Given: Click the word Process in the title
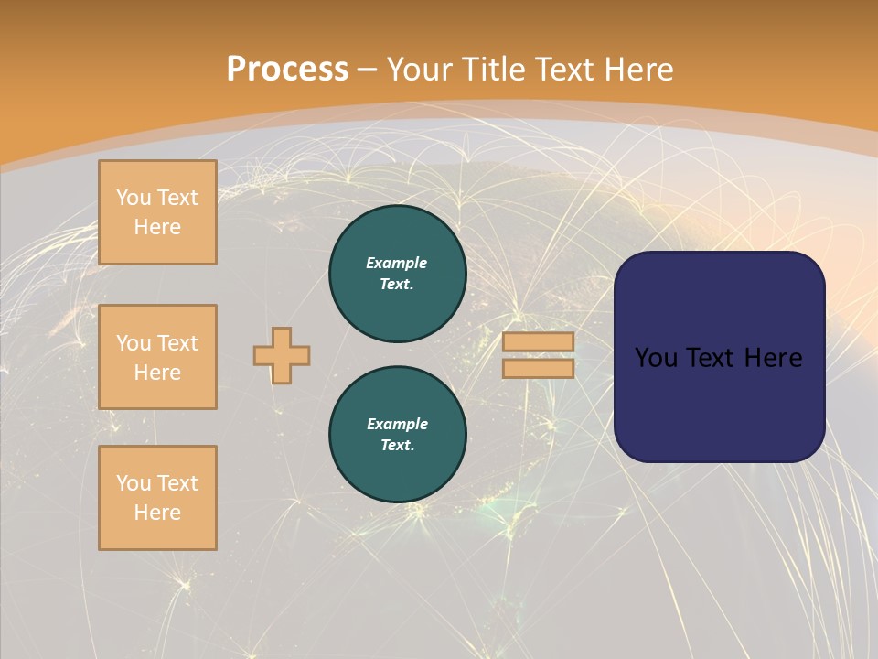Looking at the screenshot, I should click(287, 70).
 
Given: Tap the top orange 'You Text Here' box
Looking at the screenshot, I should click(157, 212).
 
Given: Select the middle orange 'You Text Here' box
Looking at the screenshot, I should click(157, 357).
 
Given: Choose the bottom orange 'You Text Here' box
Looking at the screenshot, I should click(157, 498).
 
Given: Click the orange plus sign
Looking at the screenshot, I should click(282, 355).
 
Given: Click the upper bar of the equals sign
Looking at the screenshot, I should click(538, 342).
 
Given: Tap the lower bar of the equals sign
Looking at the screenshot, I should click(538, 368).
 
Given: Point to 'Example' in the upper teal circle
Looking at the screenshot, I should click(397, 263).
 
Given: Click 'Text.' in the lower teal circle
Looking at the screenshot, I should click(397, 446).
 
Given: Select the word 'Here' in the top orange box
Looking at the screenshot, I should click(157, 227).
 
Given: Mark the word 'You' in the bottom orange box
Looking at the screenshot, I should click(134, 483).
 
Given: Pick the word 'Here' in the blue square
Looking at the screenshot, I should click(774, 358).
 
